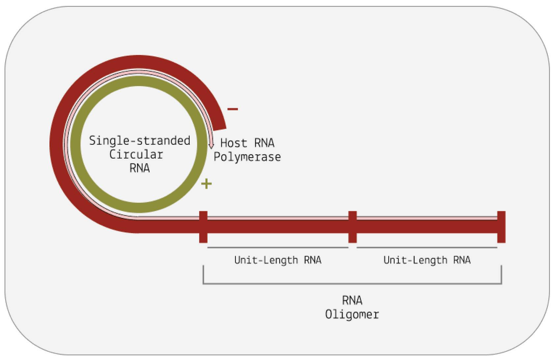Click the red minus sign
(233, 109)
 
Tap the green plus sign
(206, 184)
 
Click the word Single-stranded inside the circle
(140, 141)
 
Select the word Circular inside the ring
(136, 155)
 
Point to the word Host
(234, 143)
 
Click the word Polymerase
(247, 157)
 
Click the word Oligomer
(352, 315)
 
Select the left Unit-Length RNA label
(278, 260)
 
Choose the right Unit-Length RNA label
(427, 260)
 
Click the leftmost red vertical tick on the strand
(203, 227)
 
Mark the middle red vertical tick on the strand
(352, 227)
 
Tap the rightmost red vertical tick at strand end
(501, 227)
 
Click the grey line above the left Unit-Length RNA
(278, 247)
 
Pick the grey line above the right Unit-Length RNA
(427, 247)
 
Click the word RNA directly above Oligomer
(352, 301)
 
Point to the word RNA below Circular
(139, 168)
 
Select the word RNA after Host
(264, 143)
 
